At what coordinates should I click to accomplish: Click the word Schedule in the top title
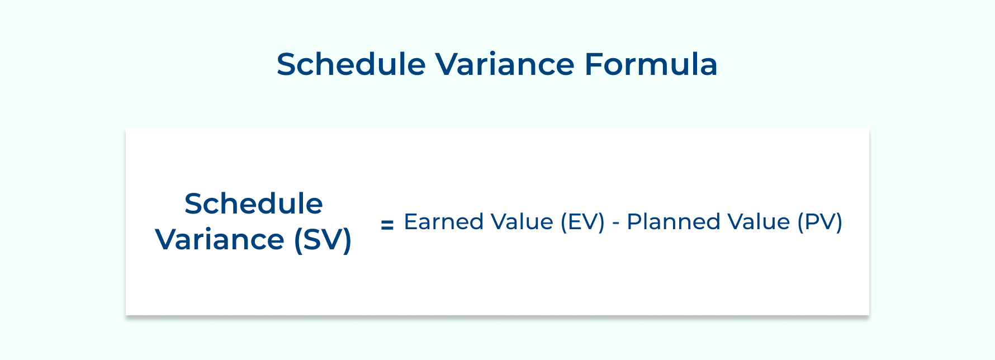pyautogui.click(x=351, y=64)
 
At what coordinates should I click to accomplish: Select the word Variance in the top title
pyautogui.click(x=505, y=64)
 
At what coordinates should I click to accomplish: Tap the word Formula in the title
pyautogui.click(x=651, y=64)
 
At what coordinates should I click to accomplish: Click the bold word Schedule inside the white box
pyautogui.click(x=253, y=203)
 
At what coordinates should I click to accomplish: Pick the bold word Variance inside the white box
pyautogui.click(x=220, y=239)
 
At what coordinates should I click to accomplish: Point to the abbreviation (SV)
pyautogui.click(x=323, y=239)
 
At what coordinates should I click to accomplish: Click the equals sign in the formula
pyautogui.click(x=387, y=225)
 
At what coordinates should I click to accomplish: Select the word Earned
pyautogui.click(x=443, y=221)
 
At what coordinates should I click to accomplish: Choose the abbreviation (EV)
pyautogui.click(x=582, y=221)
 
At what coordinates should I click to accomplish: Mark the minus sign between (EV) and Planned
pyautogui.click(x=615, y=222)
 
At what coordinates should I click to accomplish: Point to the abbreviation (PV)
pyautogui.click(x=819, y=221)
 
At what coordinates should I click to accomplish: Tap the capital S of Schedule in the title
pyautogui.click(x=286, y=64)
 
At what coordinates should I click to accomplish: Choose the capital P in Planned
pyautogui.click(x=633, y=221)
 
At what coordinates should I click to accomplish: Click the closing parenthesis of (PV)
pyautogui.click(x=838, y=221)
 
